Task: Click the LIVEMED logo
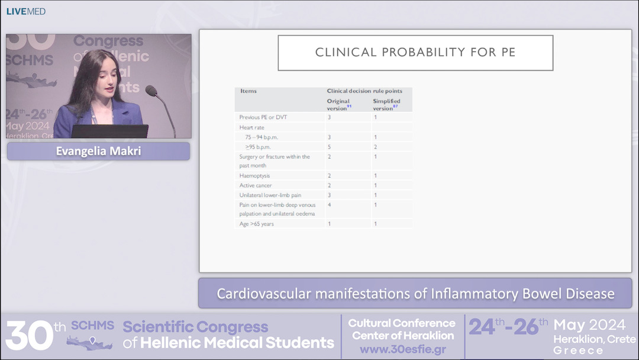click(x=26, y=11)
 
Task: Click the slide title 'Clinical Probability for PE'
click(x=415, y=53)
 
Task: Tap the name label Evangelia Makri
click(x=98, y=151)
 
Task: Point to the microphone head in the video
click(x=151, y=91)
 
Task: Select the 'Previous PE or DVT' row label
click(x=263, y=117)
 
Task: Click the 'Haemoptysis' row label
click(x=255, y=176)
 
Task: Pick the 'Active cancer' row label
click(x=256, y=185)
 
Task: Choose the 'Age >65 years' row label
click(x=256, y=224)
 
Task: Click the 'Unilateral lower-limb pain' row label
click(x=270, y=195)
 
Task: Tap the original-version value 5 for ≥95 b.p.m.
click(x=330, y=147)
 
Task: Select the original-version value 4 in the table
click(x=330, y=204)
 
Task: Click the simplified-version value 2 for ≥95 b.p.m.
click(x=375, y=147)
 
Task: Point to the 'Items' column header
click(x=248, y=91)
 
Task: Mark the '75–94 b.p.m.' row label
click(x=262, y=137)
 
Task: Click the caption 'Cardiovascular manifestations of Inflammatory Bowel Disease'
click(x=415, y=294)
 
